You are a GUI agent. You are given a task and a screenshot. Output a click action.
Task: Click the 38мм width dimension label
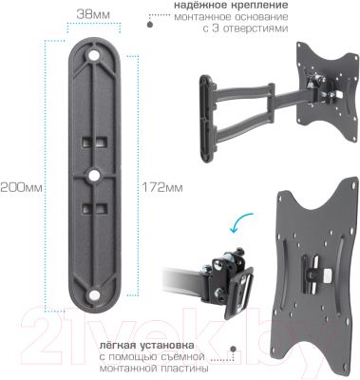92,16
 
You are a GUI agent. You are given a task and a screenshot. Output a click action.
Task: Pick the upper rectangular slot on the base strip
93,142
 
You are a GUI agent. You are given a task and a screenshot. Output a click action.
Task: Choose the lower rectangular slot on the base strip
93,207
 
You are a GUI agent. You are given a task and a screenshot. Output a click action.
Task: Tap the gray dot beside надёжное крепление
150,17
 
